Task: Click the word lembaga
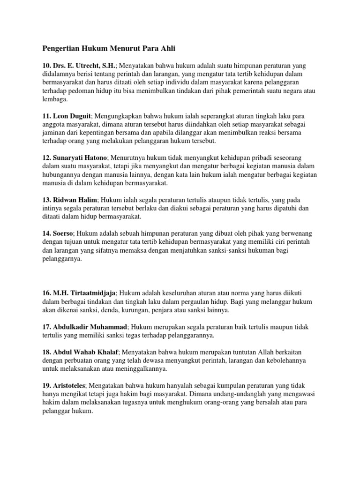[x=55, y=99]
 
